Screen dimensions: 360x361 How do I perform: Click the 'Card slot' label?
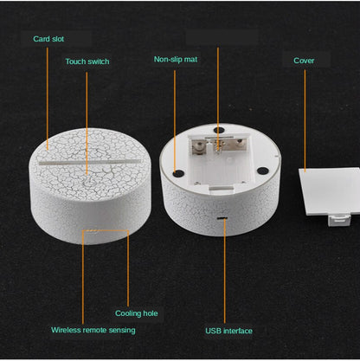coord(48,39)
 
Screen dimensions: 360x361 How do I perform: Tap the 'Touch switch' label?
coord(87,61)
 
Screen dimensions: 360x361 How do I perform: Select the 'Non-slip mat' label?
coord(176,60)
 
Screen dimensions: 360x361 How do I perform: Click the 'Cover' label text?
coord(304,61)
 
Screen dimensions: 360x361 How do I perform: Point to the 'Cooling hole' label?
coord(137,313)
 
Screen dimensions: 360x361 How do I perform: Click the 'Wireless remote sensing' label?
coord(93,330)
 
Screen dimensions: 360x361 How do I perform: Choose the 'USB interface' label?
coord(229,331)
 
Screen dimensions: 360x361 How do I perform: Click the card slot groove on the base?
coord(91,161)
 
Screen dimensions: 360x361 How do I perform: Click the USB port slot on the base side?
coord(222,218)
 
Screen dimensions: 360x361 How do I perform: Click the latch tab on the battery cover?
coord(339,219)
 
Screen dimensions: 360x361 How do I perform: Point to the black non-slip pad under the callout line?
coord(178,173)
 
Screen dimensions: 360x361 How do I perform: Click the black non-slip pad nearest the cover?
coord(263,171)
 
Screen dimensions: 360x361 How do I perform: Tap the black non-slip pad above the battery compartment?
coord(220,130)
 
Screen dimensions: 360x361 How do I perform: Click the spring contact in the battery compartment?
coord(218,145)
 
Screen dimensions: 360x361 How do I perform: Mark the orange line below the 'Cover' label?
coord(305,120)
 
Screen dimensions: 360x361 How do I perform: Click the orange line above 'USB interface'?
coord(225,271)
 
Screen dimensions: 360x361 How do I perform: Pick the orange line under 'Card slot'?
coord(48,99)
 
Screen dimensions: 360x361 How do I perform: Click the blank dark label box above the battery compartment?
coord(222,37)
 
